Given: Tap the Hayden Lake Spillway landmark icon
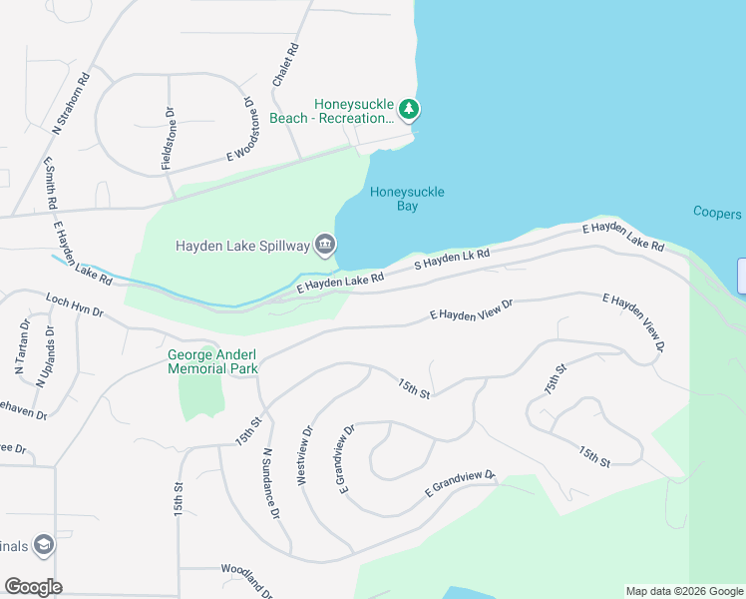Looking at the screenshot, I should click(326, 245).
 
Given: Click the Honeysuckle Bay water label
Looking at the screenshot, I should click(407, 199).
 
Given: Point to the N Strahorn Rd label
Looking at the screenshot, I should click(72, 101).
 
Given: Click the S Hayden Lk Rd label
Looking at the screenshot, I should click(453, 262).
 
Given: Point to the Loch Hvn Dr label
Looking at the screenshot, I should click(75, 304).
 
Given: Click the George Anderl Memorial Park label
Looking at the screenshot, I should click(213, 361).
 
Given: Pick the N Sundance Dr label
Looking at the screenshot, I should click(270, 482).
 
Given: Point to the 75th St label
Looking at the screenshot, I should click(556, 380).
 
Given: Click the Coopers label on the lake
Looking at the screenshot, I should click(717, 214).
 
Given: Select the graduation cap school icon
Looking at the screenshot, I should click(44, 544).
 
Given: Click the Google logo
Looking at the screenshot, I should click(33, 587).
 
